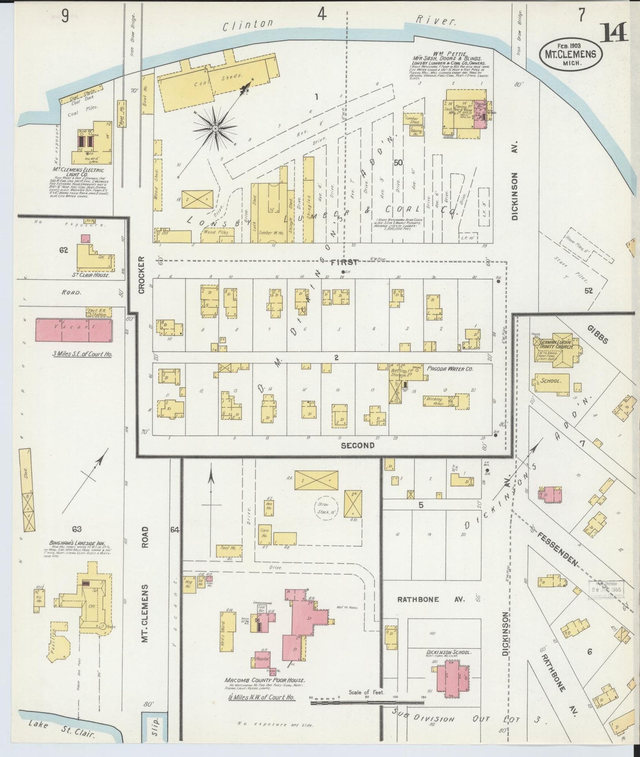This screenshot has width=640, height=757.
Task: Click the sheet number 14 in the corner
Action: point(614,33)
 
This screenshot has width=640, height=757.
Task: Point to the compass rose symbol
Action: point(215,128)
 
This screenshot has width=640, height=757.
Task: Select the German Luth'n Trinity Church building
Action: point(559,351)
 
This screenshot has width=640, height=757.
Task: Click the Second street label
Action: point(357,445)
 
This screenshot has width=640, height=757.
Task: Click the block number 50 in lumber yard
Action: point(398,162)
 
